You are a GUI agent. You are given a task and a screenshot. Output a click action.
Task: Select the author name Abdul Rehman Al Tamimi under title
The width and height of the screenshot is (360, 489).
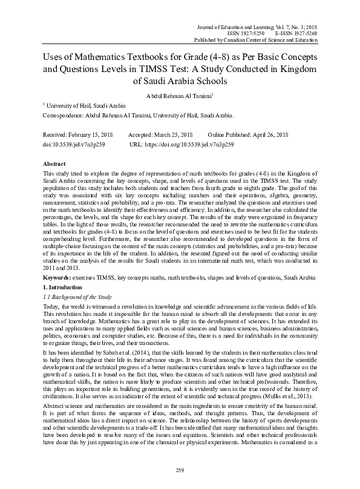click(179, 94)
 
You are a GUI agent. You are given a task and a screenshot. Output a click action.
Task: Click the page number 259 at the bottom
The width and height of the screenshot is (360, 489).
click(180, 470)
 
